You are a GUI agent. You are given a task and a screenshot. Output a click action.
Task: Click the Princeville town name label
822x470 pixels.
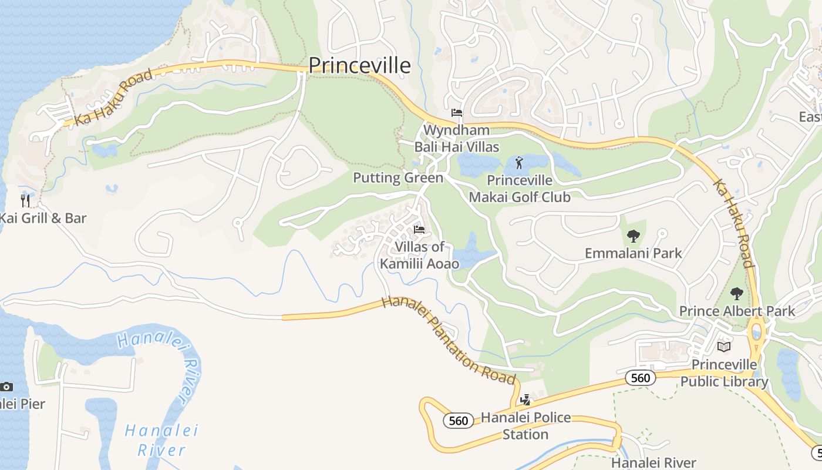click(x=359, y=65)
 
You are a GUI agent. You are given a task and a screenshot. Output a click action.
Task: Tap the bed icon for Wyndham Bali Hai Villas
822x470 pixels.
click(x=456, y=113)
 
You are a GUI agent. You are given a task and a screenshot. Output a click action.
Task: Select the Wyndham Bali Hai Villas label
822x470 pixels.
click(x=456, y=138)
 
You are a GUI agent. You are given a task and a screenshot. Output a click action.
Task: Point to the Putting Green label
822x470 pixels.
click(x=397, y=177)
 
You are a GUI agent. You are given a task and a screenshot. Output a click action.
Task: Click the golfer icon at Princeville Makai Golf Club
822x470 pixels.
click(x=518, y=163)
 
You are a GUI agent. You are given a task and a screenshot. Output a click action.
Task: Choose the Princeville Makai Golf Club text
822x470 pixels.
click(x=519, y=189)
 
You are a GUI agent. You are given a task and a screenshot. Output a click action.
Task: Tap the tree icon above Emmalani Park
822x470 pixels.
click(x=633, y=236)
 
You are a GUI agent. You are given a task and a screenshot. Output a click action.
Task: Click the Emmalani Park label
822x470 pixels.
click(x=633, y=253)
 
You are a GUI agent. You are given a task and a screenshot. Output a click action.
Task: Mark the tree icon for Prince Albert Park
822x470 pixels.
click(x=736, y=294)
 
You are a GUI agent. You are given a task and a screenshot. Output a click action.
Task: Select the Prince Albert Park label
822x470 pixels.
click(x=736, y=311)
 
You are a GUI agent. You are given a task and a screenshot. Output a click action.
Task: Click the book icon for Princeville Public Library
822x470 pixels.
click(x=724, y=347)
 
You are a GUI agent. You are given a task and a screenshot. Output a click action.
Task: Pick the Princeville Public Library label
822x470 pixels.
click(x=724, y=373)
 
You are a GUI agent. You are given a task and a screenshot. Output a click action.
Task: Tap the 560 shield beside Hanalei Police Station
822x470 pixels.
click(x=458, y=421)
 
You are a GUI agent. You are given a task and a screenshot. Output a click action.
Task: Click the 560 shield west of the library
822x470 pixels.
click(x=640, y=378)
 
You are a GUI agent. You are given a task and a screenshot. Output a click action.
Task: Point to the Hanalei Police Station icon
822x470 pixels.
click(x=525, y=400)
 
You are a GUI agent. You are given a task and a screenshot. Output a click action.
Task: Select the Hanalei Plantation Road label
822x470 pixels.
click(x=448, y=340)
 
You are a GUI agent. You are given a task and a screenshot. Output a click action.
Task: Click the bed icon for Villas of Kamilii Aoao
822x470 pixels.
click(x=419, y=229)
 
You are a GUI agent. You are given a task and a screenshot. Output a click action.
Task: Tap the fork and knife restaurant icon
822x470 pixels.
click(x=25, y=200)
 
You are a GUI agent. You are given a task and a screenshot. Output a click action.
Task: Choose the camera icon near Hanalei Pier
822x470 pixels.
click(x=6, y=387)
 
